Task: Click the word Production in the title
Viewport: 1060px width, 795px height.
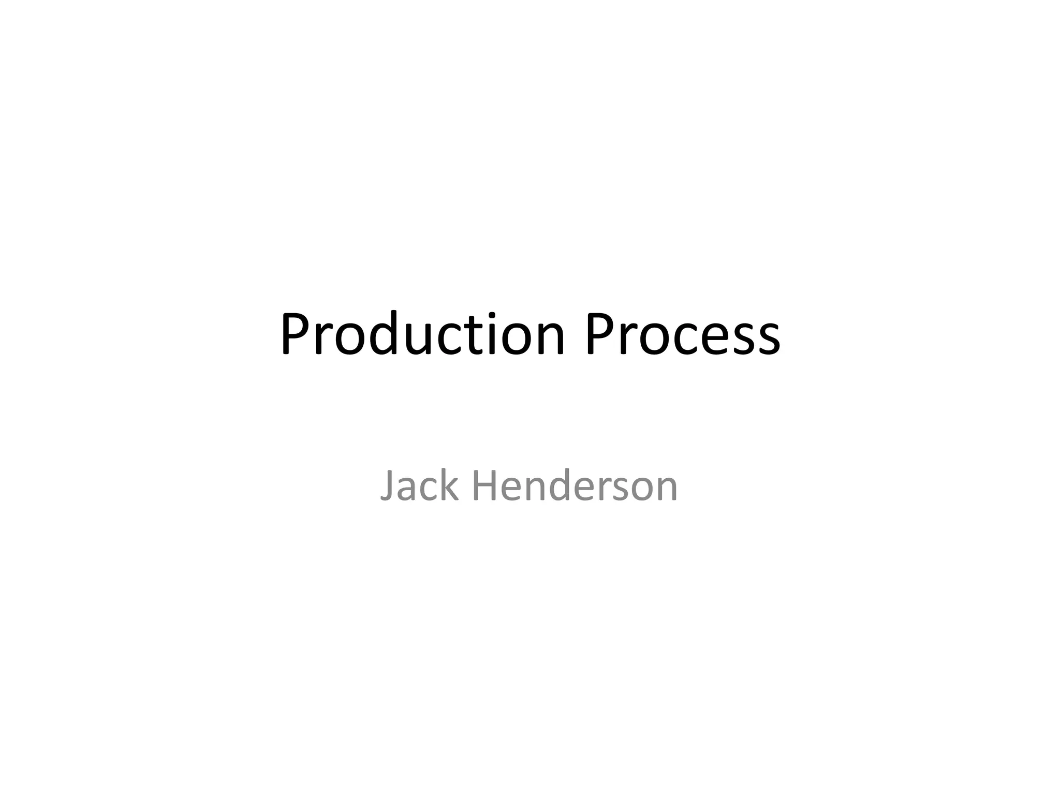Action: point(422,335)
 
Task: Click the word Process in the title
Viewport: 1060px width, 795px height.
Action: point(683,335)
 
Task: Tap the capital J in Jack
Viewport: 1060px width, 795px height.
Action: point(388,487)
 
